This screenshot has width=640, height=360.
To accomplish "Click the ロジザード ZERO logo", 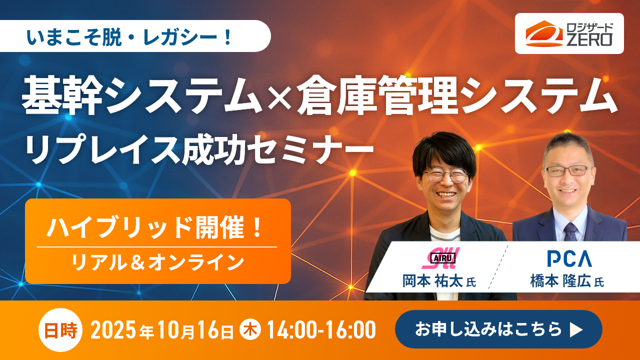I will point(569,33).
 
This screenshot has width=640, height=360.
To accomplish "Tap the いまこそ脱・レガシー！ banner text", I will point(135,36).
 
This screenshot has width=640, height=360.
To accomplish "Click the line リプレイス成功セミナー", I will point(200,149).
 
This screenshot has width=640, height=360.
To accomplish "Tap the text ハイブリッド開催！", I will point(155,227).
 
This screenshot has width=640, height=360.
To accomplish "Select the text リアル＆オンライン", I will point(157,261).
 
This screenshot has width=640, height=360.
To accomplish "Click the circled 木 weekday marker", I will point(250,330).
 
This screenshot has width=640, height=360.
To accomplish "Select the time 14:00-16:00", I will point(321,330).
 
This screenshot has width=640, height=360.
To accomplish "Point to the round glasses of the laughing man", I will point(445,175).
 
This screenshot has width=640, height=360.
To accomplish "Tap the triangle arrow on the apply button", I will point(576,330).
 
